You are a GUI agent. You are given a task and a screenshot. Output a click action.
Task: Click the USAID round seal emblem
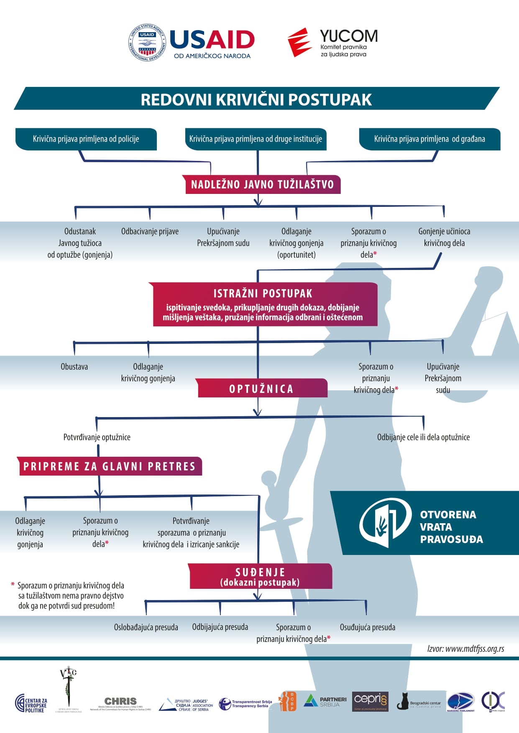coord(147,43)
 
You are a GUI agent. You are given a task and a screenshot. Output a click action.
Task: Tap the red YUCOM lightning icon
coord(299,42)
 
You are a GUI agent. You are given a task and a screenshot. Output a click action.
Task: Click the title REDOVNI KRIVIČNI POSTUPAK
coord(256,99)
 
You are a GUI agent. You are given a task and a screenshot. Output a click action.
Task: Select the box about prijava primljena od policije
coord(86,139)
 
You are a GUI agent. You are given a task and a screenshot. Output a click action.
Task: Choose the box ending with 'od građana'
coord(430,139)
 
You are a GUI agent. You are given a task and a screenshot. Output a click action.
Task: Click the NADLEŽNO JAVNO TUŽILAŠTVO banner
coord(262,184)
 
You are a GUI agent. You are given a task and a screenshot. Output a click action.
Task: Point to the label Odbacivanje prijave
coord(150,232)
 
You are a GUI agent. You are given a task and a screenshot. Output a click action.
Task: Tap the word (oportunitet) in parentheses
coord(297,255)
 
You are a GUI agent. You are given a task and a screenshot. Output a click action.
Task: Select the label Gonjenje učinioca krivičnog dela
coord(444,237)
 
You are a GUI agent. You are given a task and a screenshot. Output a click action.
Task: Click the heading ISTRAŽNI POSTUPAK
coord(263,293)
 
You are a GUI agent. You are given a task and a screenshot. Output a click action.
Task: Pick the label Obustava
coord(74,367)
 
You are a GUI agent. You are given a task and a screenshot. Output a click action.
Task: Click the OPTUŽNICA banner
coord(261,389)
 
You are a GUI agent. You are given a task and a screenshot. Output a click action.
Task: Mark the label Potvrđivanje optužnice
coord(97,437)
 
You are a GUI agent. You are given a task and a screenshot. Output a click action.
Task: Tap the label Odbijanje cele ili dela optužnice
coord(423,437)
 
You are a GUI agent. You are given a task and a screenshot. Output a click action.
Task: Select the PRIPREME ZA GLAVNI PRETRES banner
coord(110,466)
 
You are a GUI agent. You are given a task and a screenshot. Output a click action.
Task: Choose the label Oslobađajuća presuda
coord(146,627)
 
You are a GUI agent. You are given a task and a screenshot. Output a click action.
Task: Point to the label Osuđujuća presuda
coord(367,627)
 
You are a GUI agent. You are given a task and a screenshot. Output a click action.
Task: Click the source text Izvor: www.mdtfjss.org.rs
coord(465,649)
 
